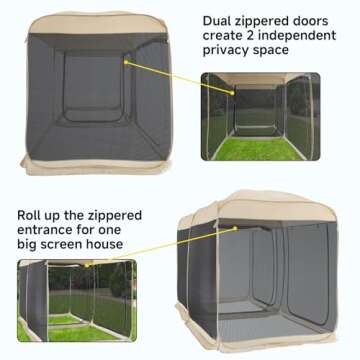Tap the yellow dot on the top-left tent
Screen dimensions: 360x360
point(126,61)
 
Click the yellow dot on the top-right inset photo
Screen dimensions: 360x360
point(236,93)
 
